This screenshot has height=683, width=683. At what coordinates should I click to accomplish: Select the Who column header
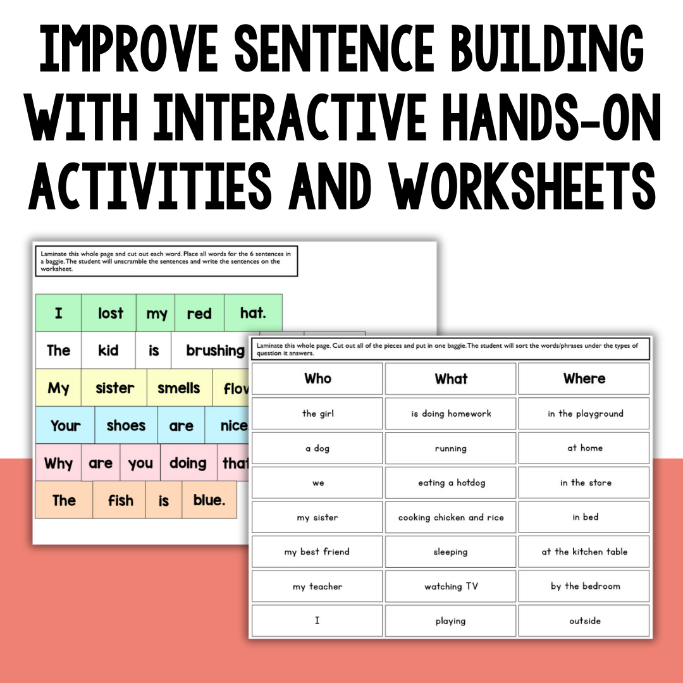[317, 379]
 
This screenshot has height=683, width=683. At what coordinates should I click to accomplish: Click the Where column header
[584, 379]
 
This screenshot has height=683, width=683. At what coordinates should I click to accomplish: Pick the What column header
[451, 379]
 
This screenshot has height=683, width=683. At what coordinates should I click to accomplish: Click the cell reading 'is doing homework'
[451, 414]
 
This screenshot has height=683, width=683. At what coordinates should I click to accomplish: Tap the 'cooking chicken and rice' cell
[451, 517]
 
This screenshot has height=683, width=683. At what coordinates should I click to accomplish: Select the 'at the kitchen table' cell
[584, 551]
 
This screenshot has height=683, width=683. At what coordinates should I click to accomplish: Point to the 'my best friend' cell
[317, 551]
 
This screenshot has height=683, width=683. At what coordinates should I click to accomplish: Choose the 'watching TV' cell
[451, 586]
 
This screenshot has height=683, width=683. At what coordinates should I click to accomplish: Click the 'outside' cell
[584, 621]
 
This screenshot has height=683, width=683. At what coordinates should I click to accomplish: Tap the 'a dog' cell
[317, 448]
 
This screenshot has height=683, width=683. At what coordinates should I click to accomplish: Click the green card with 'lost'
[109, 313]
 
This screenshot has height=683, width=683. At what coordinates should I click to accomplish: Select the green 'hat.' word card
[253, 313]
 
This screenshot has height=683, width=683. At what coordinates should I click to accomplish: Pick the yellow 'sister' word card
[115, 388]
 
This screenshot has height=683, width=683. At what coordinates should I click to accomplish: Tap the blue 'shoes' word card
[126, 426]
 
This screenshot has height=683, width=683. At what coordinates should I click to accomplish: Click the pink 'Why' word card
[58, 463]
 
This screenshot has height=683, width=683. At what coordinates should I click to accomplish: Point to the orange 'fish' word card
[120, 500]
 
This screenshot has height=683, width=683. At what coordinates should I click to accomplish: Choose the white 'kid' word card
[108, 350]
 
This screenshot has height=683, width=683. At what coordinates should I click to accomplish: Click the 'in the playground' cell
[584, 414]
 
